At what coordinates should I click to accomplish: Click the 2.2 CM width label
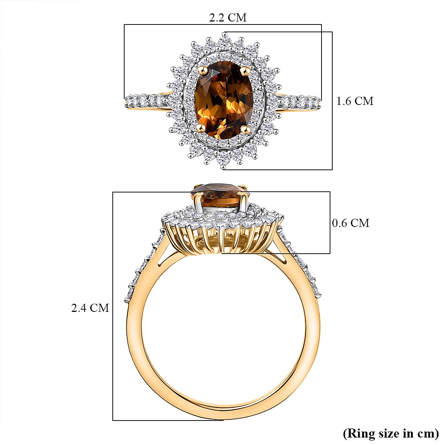tap(228, 17)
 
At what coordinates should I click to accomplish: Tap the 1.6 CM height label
tap(355, 101)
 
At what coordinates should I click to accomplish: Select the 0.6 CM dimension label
tap(350, 223)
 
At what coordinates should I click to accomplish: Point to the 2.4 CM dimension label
tap(90, 307)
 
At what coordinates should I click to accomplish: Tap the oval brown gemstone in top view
tap(224, 100)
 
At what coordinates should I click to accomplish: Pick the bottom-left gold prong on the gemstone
tap(202, 128)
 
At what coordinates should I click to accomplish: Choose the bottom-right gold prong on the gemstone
tap(245, 129)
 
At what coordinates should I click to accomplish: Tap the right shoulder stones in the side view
tap(302, 267)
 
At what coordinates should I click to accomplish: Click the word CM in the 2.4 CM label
tap(99, 307)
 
